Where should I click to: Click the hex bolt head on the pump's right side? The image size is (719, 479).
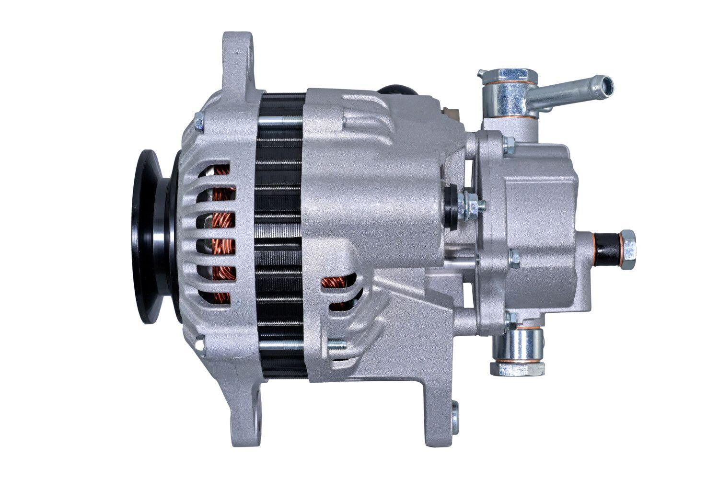point(627,242)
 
